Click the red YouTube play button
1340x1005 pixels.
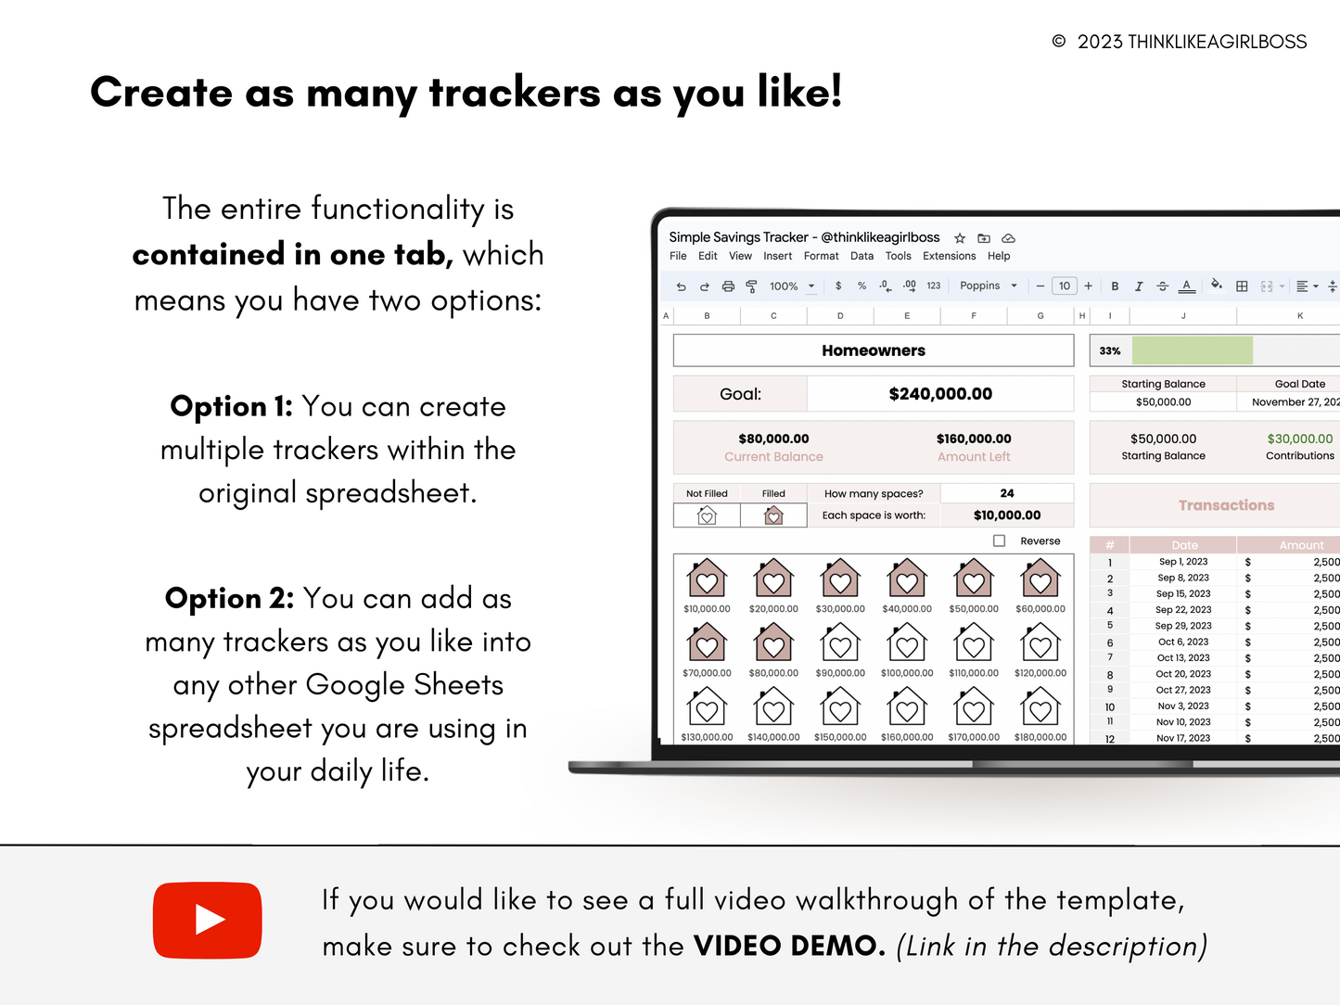(208, 920)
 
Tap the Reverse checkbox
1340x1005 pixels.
(999, 541)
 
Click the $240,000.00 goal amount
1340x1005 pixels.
(940, 394)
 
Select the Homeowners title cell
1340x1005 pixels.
(873, 350)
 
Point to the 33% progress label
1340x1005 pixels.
(1109, 350)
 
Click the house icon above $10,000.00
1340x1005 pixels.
(707, 578)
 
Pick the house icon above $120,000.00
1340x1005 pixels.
(1040, 642)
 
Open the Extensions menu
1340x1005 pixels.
(949, 256)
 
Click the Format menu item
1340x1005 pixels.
(821, 256)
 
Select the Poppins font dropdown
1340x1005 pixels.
(988, 286)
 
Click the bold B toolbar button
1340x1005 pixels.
(1115, 286)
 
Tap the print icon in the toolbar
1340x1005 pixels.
(728, 286)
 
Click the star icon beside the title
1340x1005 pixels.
(960, 238)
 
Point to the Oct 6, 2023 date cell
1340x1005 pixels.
(1183, 642)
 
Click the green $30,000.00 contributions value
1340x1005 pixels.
(1300, 439)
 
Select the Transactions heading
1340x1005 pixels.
(1226, 505)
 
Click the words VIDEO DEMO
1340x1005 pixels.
(789, 946)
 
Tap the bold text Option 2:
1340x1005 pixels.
(230, 598)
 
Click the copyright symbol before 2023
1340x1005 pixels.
(1059, 41)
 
